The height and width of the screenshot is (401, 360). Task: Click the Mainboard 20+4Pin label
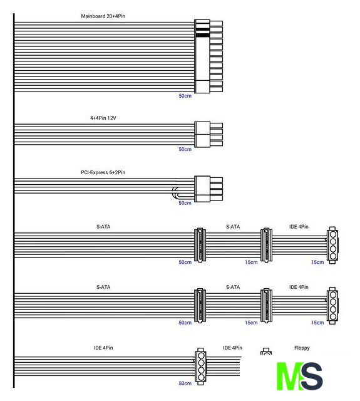click(x=103, y=16)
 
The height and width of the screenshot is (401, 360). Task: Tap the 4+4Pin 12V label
click(x=103, y=118)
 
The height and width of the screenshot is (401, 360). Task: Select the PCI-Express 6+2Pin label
click(x=103, y=172)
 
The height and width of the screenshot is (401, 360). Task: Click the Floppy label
click(x=302, y=348)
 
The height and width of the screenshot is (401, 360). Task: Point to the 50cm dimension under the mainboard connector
click(x=185, y=96)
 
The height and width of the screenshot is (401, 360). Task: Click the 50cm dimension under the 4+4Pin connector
click(x=185, y=149)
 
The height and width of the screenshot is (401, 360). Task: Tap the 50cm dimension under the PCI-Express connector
click(x=185, y=203)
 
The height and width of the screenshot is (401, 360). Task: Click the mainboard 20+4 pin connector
click(x=208, y=56)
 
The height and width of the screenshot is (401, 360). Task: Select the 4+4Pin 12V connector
click(x=208, y=135)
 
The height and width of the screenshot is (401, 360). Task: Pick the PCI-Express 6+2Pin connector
click(x=208, y=189)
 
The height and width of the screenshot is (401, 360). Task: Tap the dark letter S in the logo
click(x=312, y=376)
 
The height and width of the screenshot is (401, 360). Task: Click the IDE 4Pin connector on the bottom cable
click(x=200, y=366)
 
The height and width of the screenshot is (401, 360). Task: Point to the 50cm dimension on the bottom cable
click(x=185, y=383)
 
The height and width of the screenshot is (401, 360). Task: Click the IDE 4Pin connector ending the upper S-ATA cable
click(x=332, y=245)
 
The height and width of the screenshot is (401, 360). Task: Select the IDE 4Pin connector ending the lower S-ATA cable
click(x=332, y=306)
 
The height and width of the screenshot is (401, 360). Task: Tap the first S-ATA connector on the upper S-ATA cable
click(x=200, y=245)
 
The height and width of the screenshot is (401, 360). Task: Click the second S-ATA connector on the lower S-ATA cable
click(x=266, y=306)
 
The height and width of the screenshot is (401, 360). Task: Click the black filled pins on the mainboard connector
click(x=202, y=32)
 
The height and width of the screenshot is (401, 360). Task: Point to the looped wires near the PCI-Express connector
click(x=176, y=193)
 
